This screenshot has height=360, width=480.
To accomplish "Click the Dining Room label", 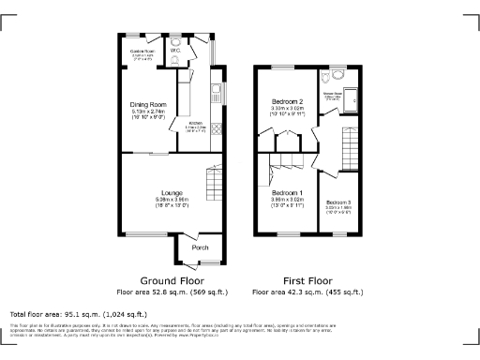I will click(149, 105).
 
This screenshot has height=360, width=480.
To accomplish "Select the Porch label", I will click(201, 247).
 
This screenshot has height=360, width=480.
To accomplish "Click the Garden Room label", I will click(142, 52).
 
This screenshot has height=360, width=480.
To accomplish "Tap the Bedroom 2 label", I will click(287, 101).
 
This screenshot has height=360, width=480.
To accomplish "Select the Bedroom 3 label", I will click(338, 202).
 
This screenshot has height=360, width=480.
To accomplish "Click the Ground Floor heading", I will click(172, 280).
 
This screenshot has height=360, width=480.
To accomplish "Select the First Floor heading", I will click(308, 280).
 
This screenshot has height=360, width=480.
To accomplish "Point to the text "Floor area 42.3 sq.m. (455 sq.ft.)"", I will click(308, 292).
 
